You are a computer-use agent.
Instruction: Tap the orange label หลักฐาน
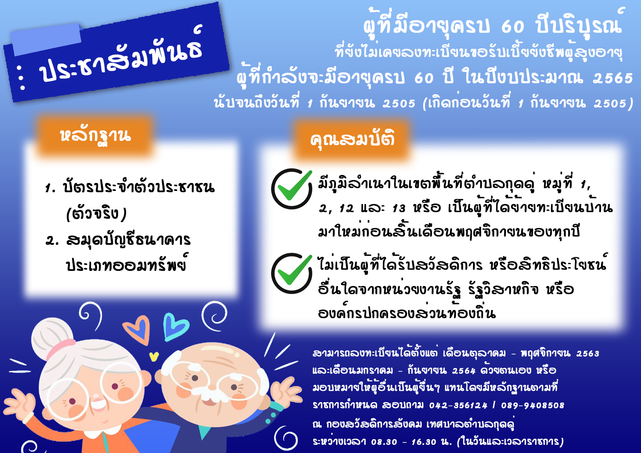[95, 135]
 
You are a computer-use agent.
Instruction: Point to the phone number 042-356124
[458, 405]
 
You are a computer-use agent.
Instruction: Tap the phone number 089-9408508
[533, 405]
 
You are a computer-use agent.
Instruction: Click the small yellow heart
[154, 356]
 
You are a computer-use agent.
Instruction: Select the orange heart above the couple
[137, 329]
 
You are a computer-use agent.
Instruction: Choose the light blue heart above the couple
[175, 326]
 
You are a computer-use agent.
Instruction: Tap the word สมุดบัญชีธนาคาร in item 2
[128, 240]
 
